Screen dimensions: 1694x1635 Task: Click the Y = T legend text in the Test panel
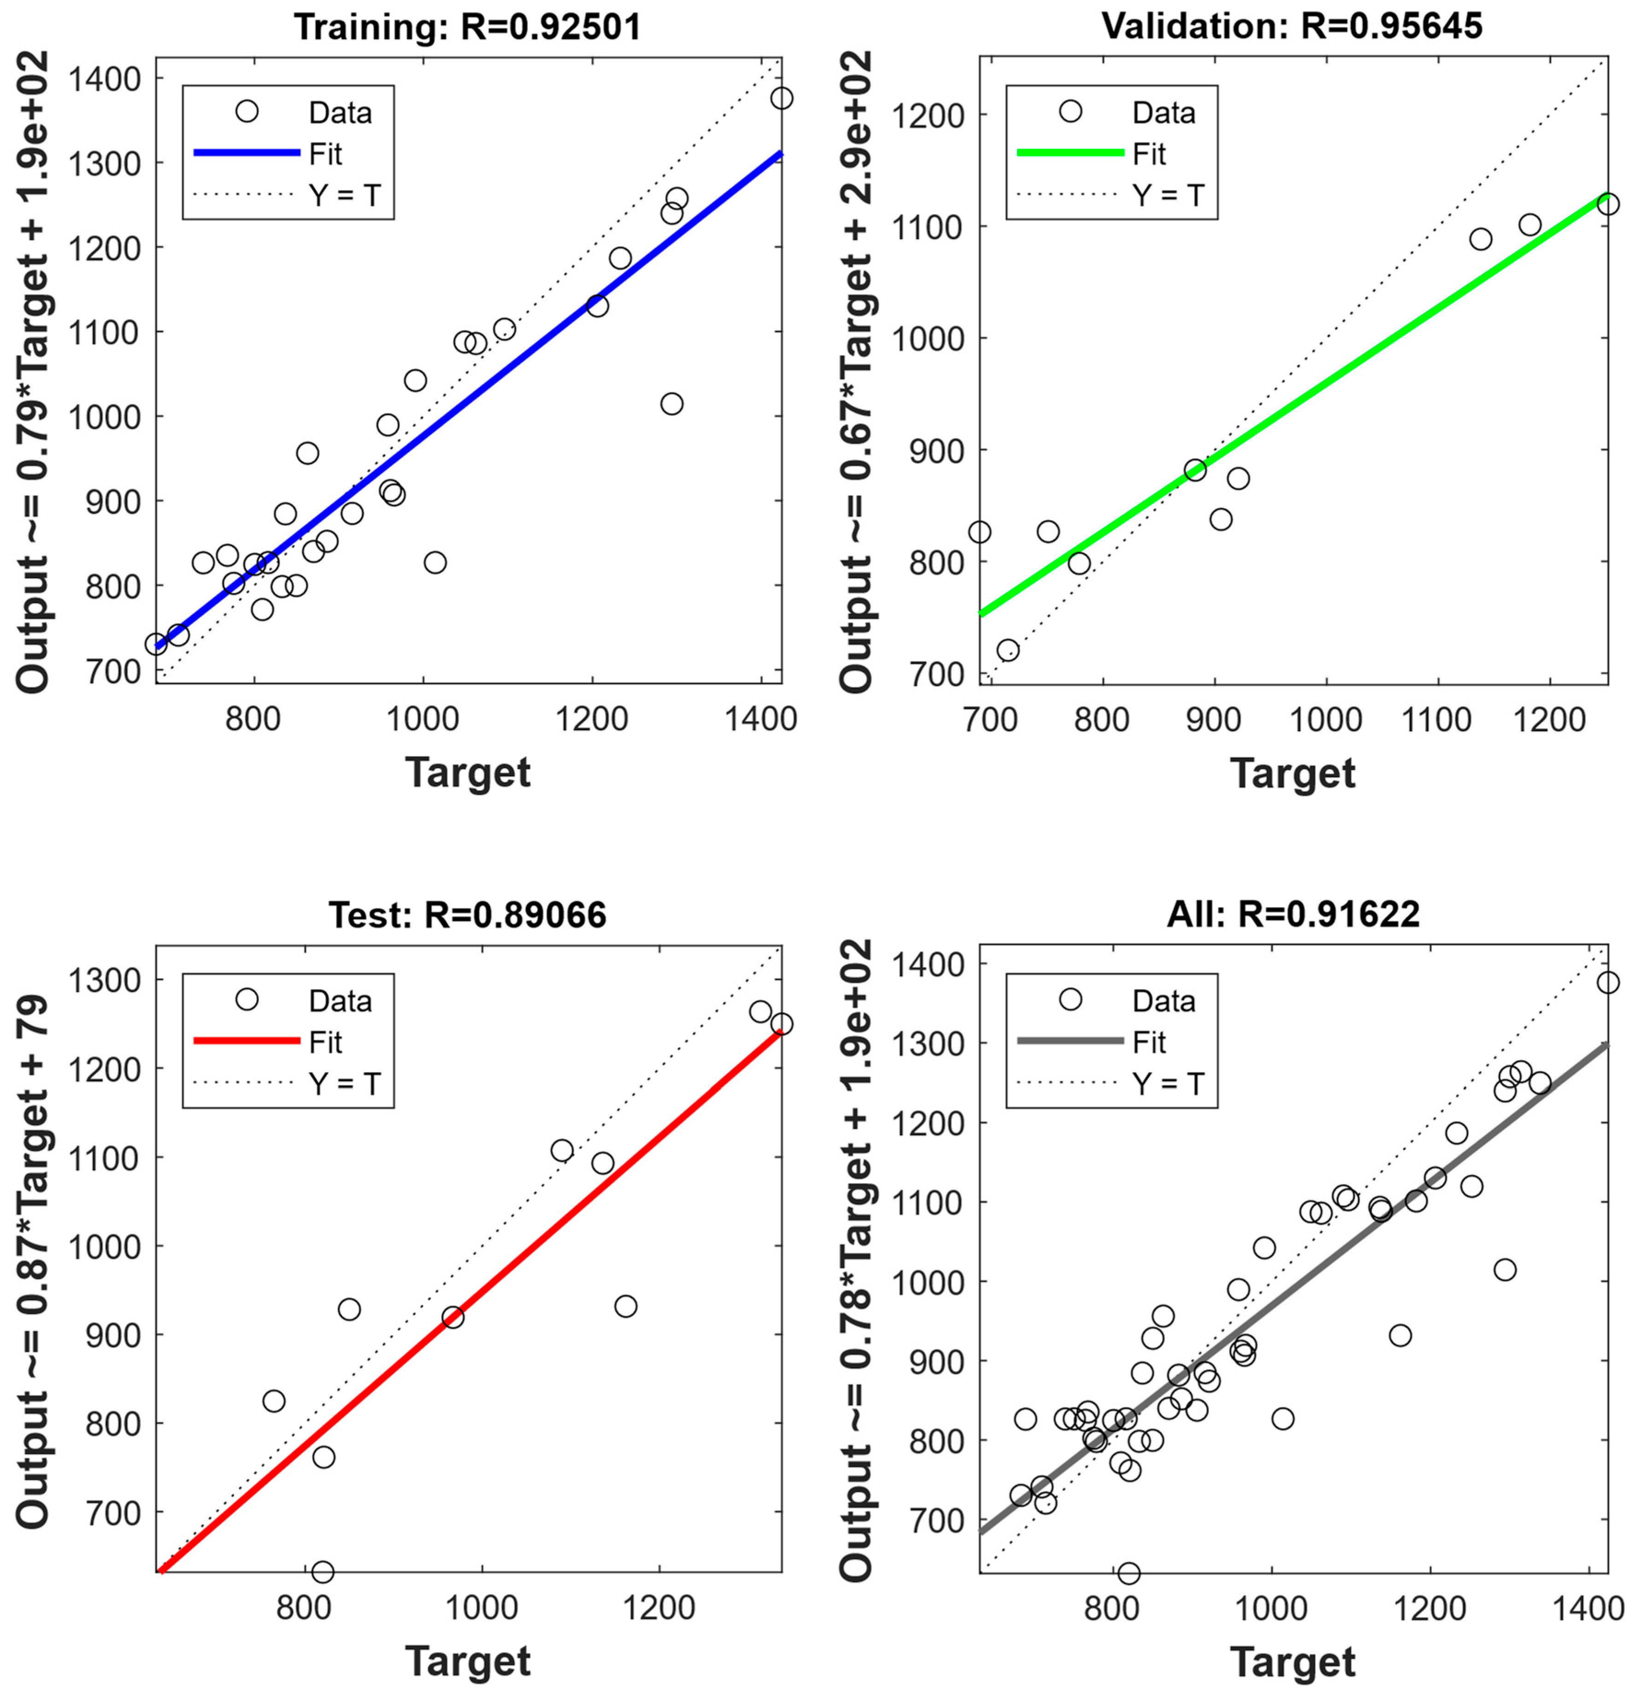(x=344, y=1083)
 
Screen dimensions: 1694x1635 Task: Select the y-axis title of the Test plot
(x=33, y=1258)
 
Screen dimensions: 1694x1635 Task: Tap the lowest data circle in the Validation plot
(x=1008, y=650)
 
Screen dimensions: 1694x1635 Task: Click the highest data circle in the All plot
(x=1607, y=983)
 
